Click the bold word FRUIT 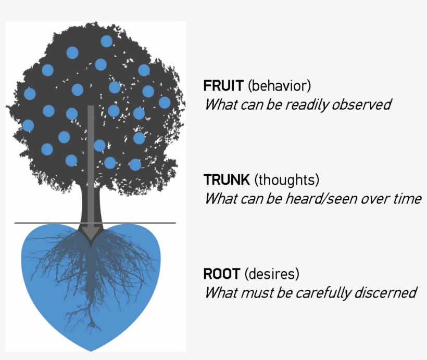click(x=223, y=85)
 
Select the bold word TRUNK click(x=227, y=180)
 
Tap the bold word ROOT click(x=222, y=274)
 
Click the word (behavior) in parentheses click(x=279, y=85)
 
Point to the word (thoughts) click(x=287, y=180)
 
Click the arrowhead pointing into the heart click(x=91, y=235)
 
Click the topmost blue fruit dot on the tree click(x=106, y=41)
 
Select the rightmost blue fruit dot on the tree click(x=165, y=102)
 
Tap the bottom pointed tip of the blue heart click(x=91, y=350)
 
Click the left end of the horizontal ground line click(x=16, y=223)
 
